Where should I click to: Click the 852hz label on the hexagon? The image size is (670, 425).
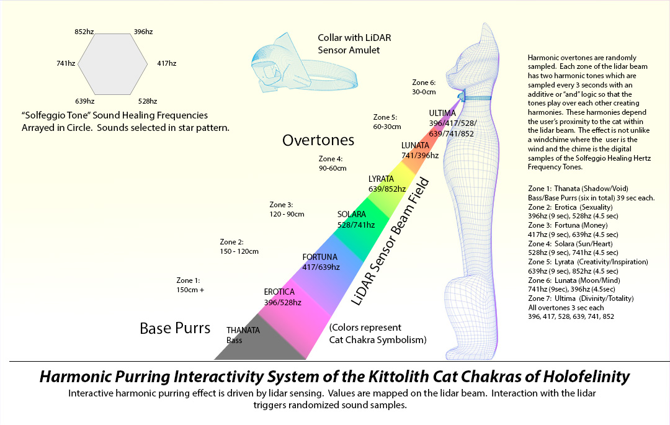click(x=84, y=32)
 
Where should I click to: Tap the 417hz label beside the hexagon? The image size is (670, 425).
click(x=167, y=63)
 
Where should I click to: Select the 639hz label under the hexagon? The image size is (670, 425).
click(x=84, y=101)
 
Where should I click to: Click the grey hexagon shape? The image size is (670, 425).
click(x=113, y=64)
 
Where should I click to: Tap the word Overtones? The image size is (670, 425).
click(x=318, y=140)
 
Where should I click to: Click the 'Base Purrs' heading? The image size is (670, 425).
click(x=175, y=328)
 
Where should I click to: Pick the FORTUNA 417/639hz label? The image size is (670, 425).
click(x=321, y=262)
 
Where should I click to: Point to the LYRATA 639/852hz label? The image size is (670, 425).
click(x=387, y=184)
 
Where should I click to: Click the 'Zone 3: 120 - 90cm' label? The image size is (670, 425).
click(x=287, y=209)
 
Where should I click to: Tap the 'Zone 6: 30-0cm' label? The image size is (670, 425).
click(x=424, y=87)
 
